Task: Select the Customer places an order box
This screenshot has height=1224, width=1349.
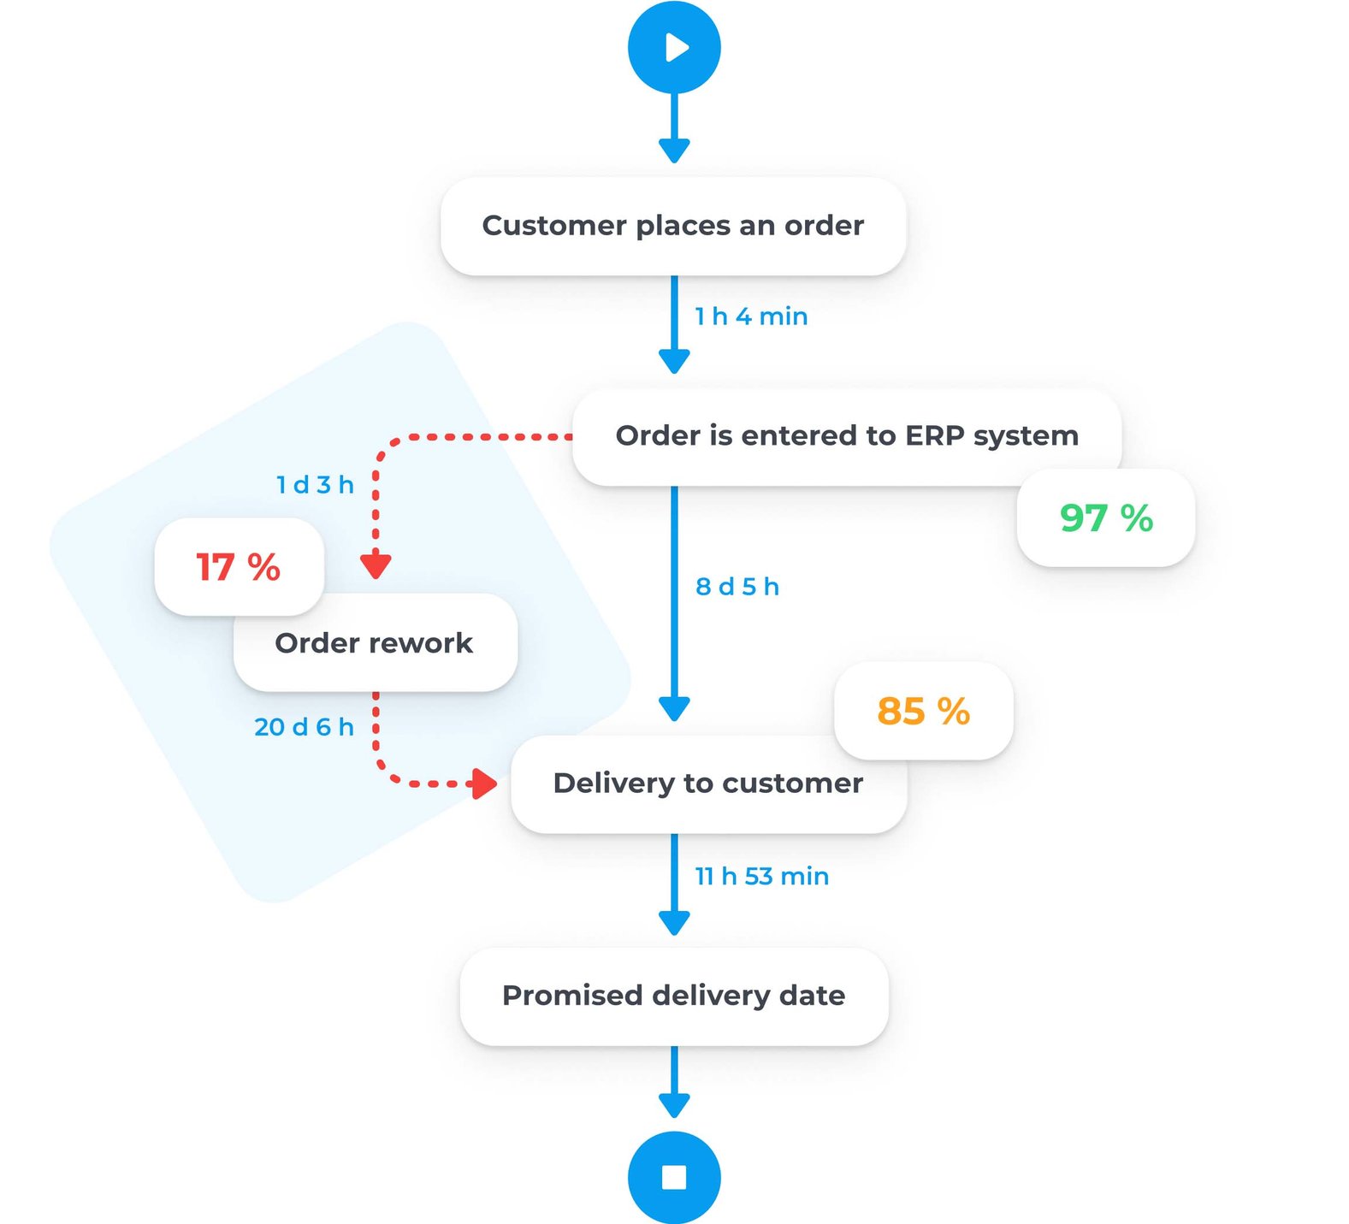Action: tap(672, 226)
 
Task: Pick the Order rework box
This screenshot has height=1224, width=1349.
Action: tap(375, 643)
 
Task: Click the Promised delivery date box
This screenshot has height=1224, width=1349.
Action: tap(673, 996)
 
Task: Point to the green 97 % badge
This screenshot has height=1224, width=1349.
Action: tap(1106, 517)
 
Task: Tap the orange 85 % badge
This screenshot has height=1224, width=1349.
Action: tap(923, 711)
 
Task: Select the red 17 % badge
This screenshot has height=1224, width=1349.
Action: tap(238, 566)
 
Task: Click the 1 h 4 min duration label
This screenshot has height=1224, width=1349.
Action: tap(750, 316)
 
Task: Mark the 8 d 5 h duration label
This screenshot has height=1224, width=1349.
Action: tap(737, 587)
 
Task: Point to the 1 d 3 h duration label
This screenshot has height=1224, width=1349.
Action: tap(315, 485)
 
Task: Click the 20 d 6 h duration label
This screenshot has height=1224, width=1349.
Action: tap(304, 727)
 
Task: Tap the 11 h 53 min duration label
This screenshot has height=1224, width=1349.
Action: tap(761, 877)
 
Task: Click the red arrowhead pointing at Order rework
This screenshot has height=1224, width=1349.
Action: tap(376, 565)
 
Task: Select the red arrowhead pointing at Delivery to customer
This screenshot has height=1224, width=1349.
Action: tap(486, 783)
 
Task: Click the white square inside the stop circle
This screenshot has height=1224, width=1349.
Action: tap(674, 1178)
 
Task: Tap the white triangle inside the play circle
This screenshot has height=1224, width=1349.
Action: tap(677, 47)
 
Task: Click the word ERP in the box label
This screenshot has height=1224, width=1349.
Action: tap(934, 436)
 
